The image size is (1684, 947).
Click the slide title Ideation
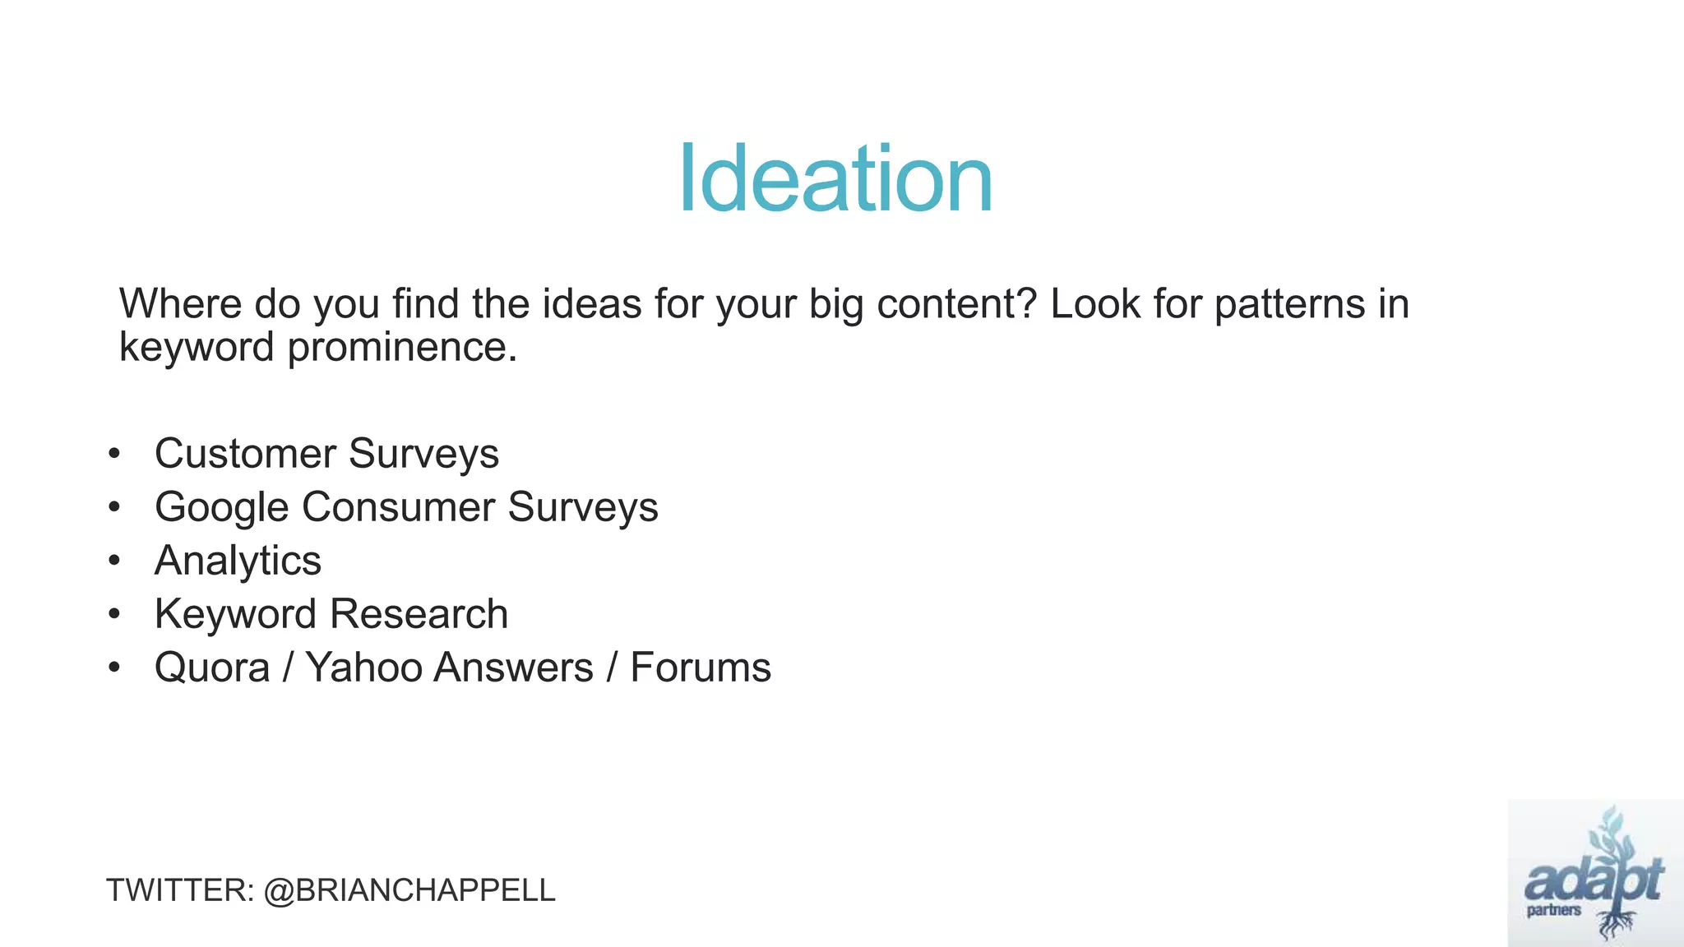click(835, 179)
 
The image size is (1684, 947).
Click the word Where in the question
click(180, 304)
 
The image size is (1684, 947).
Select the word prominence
click(402, 347)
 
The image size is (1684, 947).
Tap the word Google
click(221, 507)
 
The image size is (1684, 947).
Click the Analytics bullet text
click(238, 561)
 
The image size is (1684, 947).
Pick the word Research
click(419, 614)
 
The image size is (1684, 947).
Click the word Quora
click(212, 668)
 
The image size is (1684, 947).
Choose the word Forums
click(701, 668)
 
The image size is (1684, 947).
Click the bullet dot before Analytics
click(114, 561)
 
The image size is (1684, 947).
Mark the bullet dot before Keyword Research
click(114, 615)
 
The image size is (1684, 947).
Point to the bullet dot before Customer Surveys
click(114, 455)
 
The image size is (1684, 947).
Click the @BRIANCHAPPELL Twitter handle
click(409, 890)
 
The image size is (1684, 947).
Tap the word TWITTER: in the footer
click(180, 890)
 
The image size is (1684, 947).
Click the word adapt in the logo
click(1594, 880)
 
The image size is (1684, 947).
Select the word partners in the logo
click(1554, 910)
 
